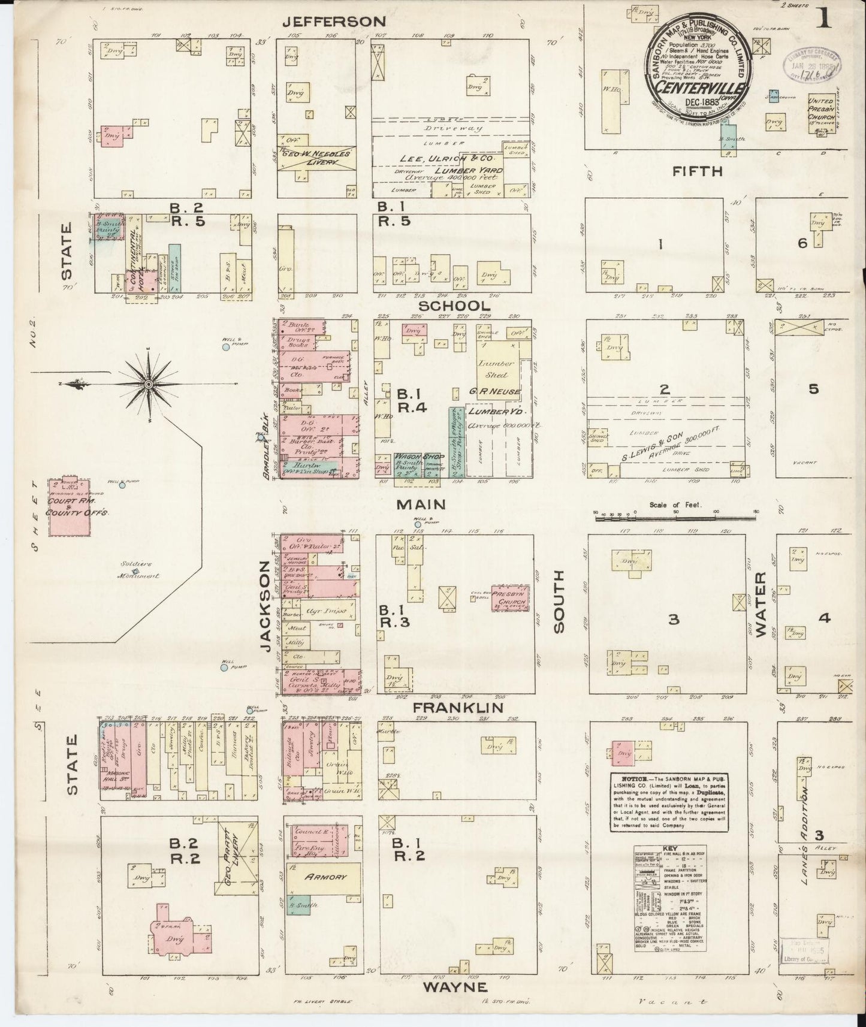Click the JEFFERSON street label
pos(334,22)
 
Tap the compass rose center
pos(148,383)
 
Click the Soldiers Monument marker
pos(136,572)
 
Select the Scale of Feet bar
pos(675,515)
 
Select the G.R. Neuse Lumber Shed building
pos(497,369)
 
